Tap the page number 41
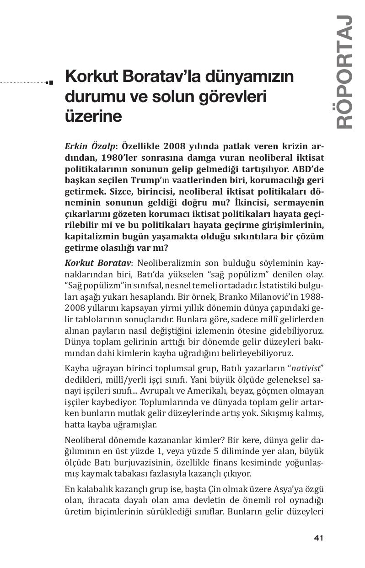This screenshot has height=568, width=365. click(x=319, y=538)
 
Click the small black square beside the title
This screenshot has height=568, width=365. click(x=51, y=82)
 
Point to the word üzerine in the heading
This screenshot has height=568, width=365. click(x=93, y=116)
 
